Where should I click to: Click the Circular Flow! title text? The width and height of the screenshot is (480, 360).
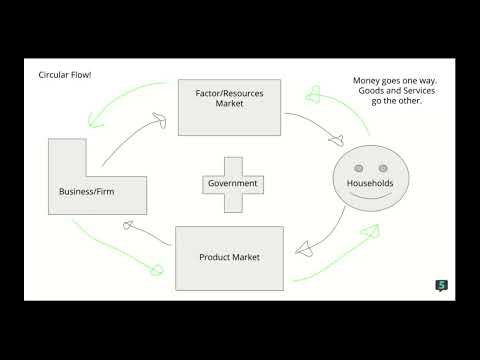pyautogui.click(x=65, y=75)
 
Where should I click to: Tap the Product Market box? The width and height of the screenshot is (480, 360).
pyautogui.click(x=229, y=258)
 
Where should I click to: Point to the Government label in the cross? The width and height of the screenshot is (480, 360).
pyautogui.click(x=232, y=184)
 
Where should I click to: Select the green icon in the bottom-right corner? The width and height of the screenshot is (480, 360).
pyautogui.click(x=441, y=285)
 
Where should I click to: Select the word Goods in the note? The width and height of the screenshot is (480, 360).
pyautogui.click(x=360, y=91)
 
